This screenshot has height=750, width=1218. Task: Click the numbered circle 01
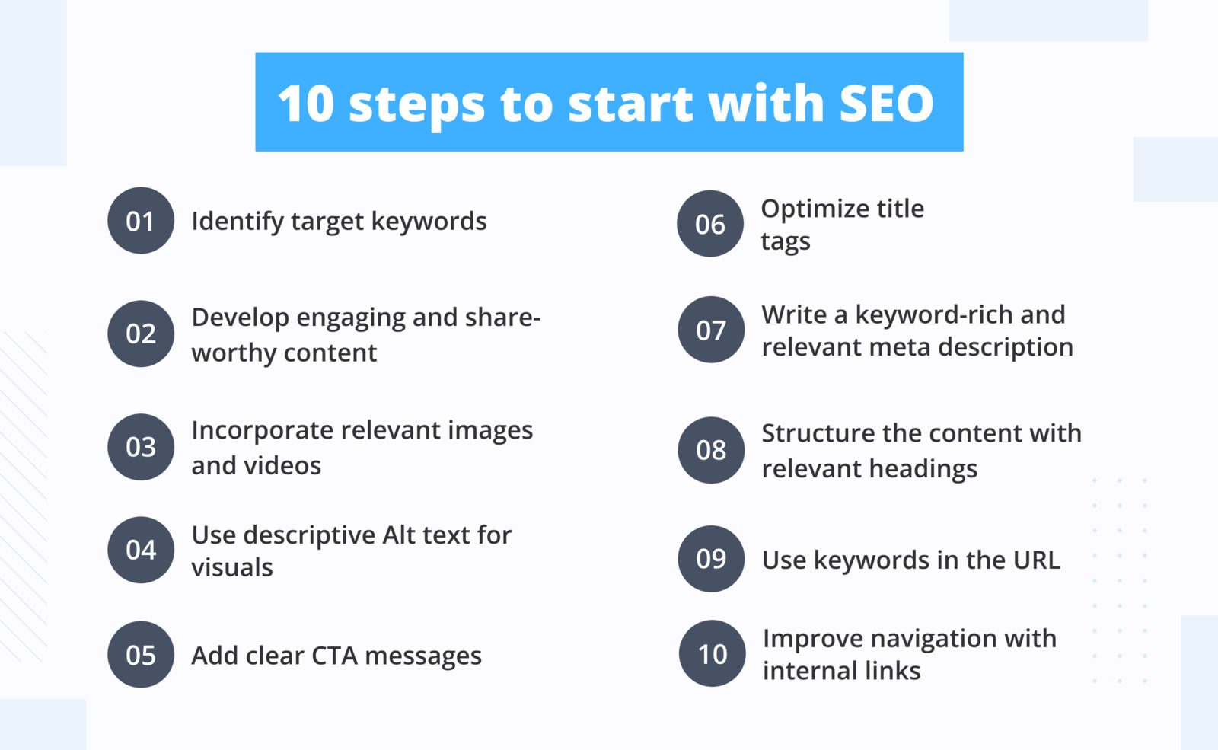[141, 221]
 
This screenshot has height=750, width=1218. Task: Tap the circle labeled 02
[141, 334]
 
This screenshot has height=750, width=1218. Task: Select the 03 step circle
[141, 447]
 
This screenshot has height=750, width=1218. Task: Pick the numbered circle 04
[141, 550]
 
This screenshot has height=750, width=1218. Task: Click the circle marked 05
[141, 655]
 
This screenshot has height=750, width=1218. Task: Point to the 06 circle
[710, 224]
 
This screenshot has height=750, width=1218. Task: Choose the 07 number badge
[711, 330]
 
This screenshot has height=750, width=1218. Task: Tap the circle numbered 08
[711, 450]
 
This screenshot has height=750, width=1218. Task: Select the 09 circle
[711, 559]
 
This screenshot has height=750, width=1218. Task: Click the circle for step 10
[713, 653]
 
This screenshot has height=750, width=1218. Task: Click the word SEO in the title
[886, 103]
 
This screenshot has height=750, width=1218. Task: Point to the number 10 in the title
[306, 103]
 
